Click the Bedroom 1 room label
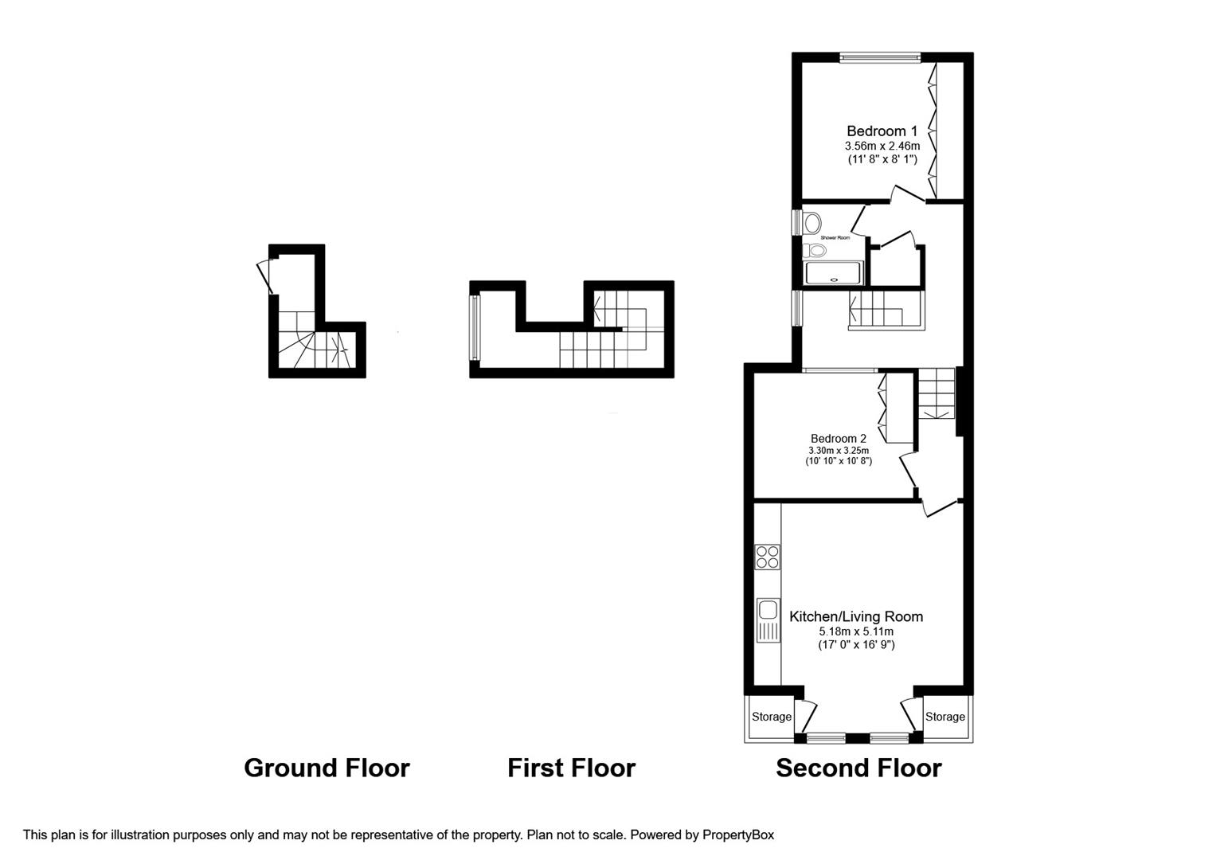[x=882, y=131]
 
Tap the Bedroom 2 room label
[x=838, y=438]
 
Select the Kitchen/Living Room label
[x=856, y=616]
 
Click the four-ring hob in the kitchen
[x=768, y=557]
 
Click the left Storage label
[x=772, y=717]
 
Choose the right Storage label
[x=944, y=717]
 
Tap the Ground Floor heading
[x=327, y=768]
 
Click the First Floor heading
[x=571, y=768]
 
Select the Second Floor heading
[x=858, y=768]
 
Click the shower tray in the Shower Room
[x=834, y=273]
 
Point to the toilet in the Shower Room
[x=815, y=251]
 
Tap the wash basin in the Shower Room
[x=812, y=221]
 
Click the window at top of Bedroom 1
[x=880, y=57]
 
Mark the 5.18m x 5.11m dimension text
[x=856, y=631]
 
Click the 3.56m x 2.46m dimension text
[x=882, y=146]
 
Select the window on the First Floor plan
[x=475, y=327]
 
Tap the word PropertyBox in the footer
[x=738, y=835]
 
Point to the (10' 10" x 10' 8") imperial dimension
[x=838, y=461]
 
